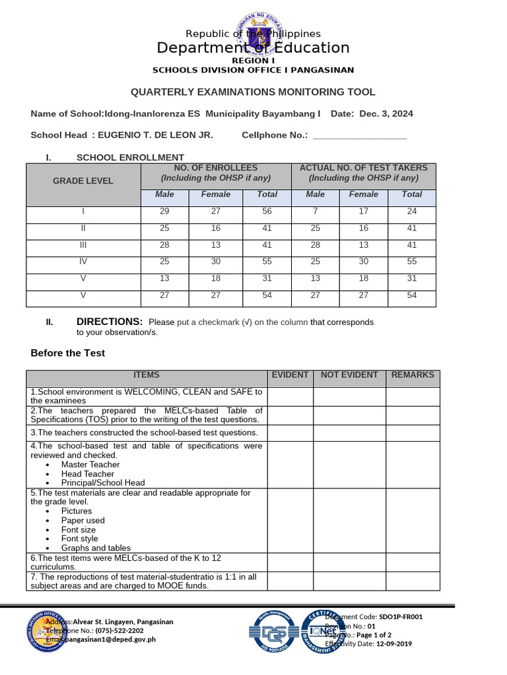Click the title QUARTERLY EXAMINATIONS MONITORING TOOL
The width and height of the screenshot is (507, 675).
point(253,92)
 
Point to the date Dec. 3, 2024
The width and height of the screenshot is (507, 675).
point(386,114)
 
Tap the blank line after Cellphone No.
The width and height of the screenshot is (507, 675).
point(359,136)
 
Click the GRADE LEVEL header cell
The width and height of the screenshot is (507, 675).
point(83,181)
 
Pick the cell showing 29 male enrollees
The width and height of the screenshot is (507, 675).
point(164,212)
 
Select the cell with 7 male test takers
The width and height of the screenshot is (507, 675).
point(316,212)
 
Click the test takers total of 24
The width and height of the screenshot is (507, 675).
point(412,212)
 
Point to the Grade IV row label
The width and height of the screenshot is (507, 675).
point(83,262)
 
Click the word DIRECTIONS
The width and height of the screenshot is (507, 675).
point(110,322)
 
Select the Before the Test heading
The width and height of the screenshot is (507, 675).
point(68,353)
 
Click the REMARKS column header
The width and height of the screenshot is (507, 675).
point(413,375)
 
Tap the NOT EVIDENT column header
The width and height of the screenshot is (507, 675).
point(349,375)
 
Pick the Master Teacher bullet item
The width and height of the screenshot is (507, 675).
point(90,465)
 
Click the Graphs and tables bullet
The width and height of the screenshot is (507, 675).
point(96,548)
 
